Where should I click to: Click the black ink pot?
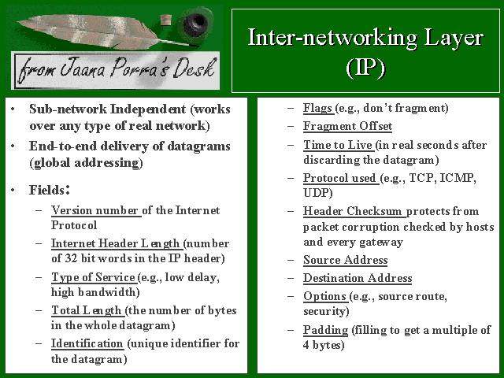click(196, 22)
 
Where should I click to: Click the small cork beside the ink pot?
click(165, 20)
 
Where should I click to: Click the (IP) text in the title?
click(365, 68)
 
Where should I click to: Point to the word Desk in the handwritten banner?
click(194, 68)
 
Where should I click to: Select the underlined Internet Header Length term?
click(116, 243)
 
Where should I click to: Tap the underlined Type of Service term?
click(93, 277)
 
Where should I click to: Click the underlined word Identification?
click(87, 343)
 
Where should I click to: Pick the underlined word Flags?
click(317, 108)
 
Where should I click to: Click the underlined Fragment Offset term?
click(347, 126)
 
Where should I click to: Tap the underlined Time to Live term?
click(338, 145)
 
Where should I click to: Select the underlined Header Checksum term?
click(352, 211)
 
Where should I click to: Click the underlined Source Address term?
click(345, 260)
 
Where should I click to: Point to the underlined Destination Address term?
click(358, 278)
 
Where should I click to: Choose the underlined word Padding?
click(325, 330)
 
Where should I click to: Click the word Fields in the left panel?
click(47, 190)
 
